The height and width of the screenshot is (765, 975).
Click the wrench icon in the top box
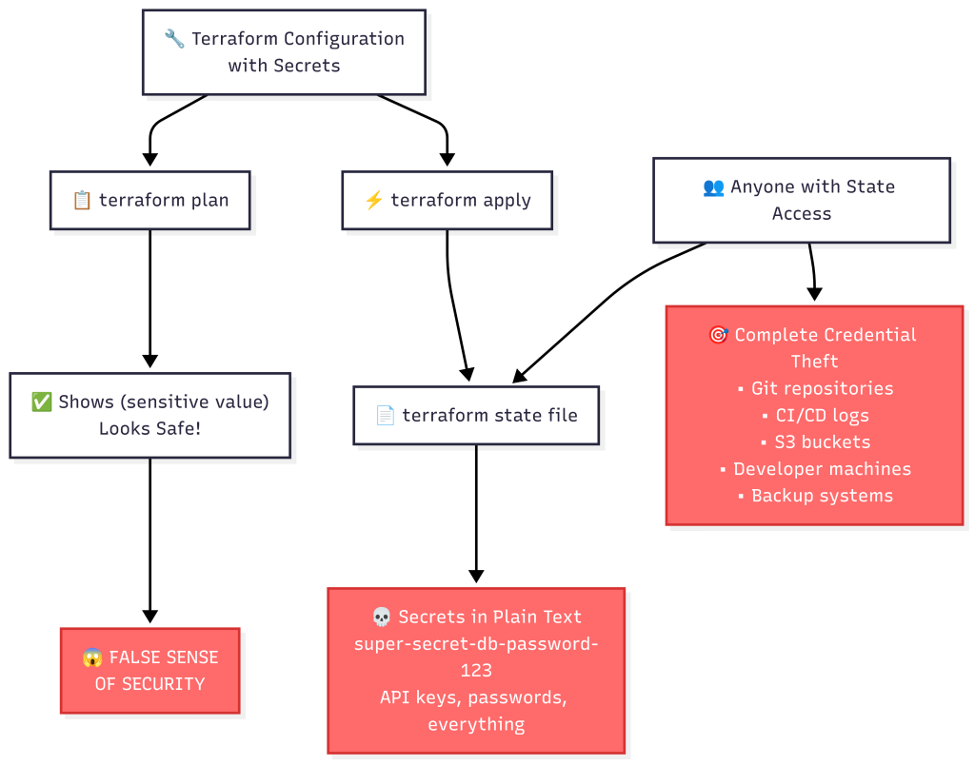pos(174,39)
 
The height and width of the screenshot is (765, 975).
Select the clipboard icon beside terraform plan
pos(82,201)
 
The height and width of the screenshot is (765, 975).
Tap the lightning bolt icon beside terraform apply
pos(373,201)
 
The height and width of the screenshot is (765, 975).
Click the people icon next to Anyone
pos(713,186)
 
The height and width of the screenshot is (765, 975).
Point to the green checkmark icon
pos(42,402)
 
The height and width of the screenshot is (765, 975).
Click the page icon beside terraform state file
pos(385,415)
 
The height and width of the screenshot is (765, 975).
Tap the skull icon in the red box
pos(381,618)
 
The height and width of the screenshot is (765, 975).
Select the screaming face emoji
pos(92,657)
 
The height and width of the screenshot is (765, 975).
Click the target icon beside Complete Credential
pos(718,335)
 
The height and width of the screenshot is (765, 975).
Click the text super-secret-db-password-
pos(476,644)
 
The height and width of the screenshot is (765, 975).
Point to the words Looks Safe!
pos(150,429)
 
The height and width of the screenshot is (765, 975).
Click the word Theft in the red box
pos(814,362)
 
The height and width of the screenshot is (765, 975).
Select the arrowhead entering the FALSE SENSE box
pos(149,618)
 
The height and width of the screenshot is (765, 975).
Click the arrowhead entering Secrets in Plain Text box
pos(476,577)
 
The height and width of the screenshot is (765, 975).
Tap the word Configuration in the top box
pos(346,39)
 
